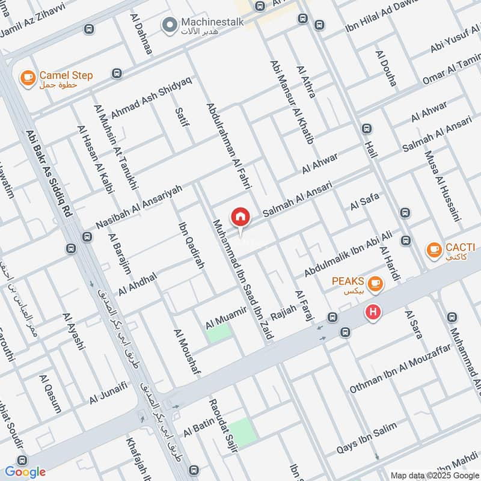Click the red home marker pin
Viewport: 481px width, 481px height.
(240, 217)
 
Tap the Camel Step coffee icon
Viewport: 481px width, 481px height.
(27, 78)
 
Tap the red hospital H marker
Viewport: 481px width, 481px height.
(373, 313)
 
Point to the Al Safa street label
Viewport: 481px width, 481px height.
(364, 203)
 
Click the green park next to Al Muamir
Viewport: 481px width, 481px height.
(219, 332)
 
